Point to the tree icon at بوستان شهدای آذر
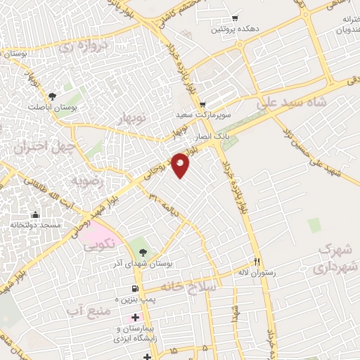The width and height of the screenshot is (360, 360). [143, 251]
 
